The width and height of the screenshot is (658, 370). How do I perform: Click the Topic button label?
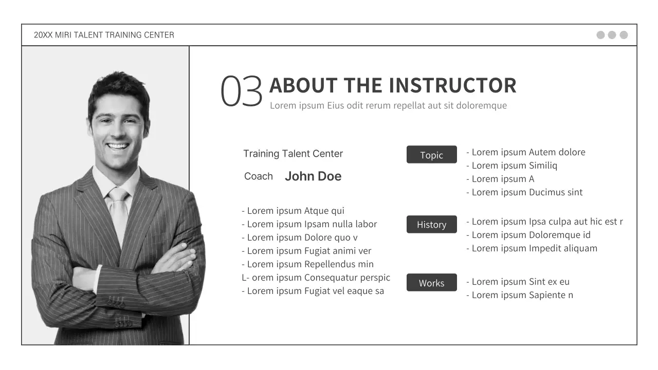click(x=431, y=155)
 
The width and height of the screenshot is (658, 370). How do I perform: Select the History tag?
click(x=431, y=225)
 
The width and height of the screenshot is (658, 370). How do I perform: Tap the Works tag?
click(x=431, y=283)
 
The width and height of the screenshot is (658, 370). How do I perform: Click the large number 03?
click(x=241, y=91)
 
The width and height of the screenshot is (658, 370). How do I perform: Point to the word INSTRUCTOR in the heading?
click(x=452, y=85)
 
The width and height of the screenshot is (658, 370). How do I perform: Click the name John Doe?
click(x=313, y=176)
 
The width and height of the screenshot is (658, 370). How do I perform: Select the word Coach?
click(x=258, y=176)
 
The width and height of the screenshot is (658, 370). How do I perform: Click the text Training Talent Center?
click(x=293, y=154)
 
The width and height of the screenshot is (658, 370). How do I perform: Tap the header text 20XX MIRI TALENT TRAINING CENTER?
click(x=104, y=35)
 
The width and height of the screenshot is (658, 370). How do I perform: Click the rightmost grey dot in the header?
click(x=624, y=35)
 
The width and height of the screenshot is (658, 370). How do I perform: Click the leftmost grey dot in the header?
click(x=600, y=35)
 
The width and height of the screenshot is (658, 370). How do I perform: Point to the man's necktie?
click(x=118, y=211)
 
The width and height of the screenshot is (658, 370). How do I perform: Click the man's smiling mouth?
click(x=118, y=146)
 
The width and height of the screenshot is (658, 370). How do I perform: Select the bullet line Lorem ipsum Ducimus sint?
click(x=524, y=192)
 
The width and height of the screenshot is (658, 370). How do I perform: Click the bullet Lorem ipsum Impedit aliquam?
click(x=532, y=248)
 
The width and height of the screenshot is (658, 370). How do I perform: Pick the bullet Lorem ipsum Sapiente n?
click(x=520, y=295)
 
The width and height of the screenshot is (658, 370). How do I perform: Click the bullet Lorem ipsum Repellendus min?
click(x=307, y=264)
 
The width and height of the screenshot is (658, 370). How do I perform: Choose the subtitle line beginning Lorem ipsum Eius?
click(x=388, y=105)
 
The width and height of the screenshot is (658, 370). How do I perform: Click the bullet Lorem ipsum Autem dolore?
click(x=526, y=152)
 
